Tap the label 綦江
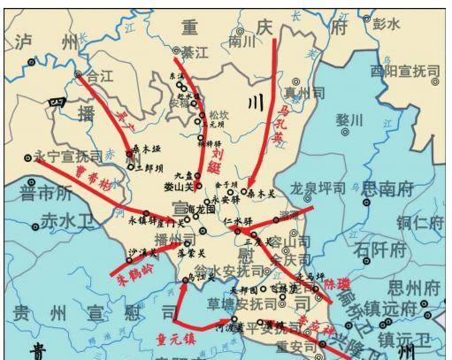(x=193, y=53)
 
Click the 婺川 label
(x=349, y=119)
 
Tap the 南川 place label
(x=241, y=42)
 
